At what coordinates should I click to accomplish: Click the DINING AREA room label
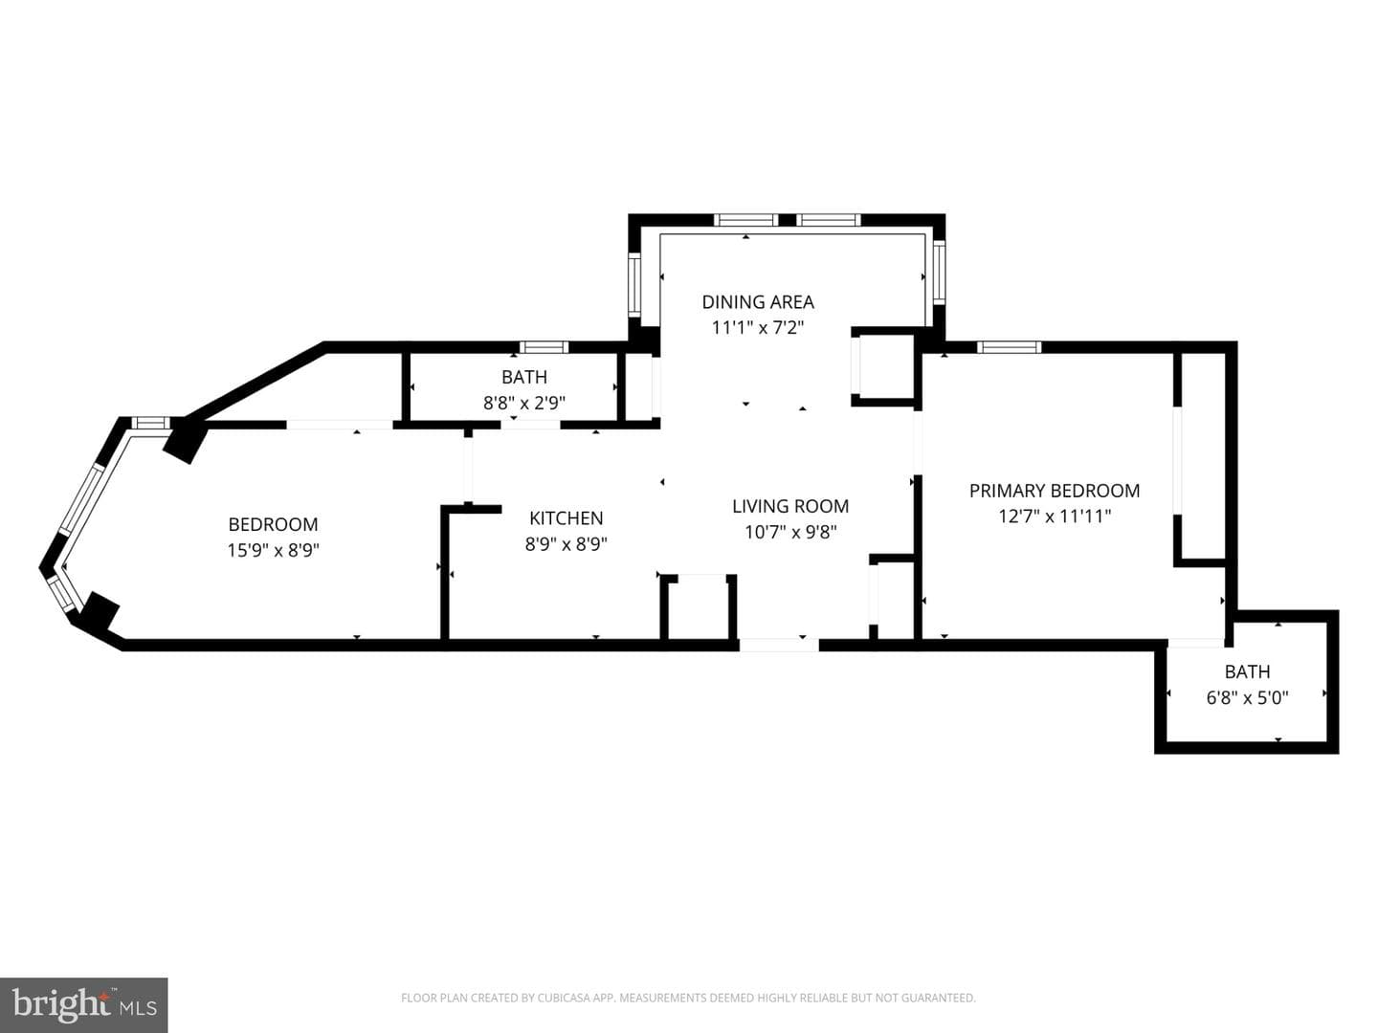coord(758,301)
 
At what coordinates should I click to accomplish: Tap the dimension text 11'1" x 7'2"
coord(758,327)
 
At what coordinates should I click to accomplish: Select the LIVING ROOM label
coord(790,506)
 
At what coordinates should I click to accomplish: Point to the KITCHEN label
coord(567,517)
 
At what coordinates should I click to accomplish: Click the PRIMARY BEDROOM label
coord(1055,490)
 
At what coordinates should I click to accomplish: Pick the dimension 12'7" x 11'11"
coord(1055,516)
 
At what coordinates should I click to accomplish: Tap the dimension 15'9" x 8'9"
coord(273,550)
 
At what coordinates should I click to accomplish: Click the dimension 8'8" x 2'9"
coord(524,402)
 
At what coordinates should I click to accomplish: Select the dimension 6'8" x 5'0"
coord(1248,697)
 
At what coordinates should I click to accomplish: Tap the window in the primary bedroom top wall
coord(1009,347)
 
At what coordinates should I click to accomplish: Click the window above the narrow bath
coord(544,347)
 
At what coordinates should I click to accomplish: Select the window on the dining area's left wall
coord(634,285)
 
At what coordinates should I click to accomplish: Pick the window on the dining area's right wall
coord(939,273)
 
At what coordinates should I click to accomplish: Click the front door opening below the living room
coord(779,645)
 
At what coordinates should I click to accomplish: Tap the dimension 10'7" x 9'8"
coord(790,532)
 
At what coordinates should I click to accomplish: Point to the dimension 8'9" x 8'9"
coord(567,543)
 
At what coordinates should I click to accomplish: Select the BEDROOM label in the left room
coord(273,524)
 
